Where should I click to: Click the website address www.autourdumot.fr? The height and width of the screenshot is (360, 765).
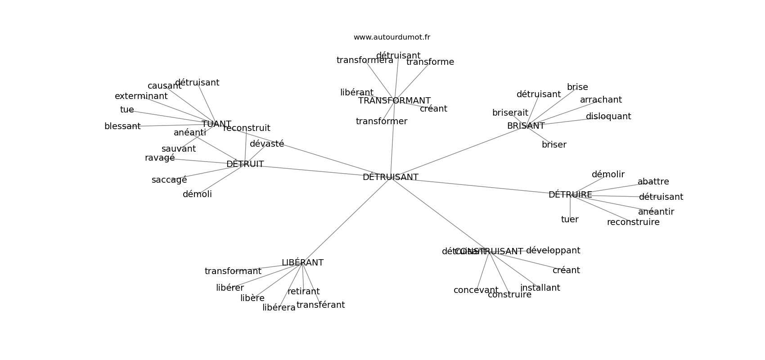[391, 37]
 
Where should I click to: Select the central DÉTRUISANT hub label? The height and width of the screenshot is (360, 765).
[390, 177]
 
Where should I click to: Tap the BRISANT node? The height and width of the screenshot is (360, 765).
[526, 126]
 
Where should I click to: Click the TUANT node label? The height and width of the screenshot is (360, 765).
[216, 124]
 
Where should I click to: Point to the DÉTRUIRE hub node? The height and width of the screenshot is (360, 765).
[570, 195]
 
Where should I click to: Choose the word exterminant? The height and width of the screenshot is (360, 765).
[141, 96]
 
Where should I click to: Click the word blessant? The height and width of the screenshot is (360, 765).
[122, 126]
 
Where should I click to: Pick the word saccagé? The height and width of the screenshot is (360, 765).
[169, 180]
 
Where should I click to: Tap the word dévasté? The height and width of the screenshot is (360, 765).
[267, 144]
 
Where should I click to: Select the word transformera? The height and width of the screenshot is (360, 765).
[364, 60]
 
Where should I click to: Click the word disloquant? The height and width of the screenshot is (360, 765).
[608, 117]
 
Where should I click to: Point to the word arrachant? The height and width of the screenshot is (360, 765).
[600, 100]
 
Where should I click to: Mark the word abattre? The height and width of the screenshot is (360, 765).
[653, 182]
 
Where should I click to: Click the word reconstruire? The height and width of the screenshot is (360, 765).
[633, 222]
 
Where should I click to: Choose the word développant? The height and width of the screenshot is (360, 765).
[553, 251]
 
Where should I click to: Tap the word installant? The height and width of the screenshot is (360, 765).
[540, 288]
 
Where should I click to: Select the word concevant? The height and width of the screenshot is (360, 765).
[476, 290]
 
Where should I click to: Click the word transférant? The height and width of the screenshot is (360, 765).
[320, 305]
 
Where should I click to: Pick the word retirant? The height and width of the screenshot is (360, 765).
[303, 292]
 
